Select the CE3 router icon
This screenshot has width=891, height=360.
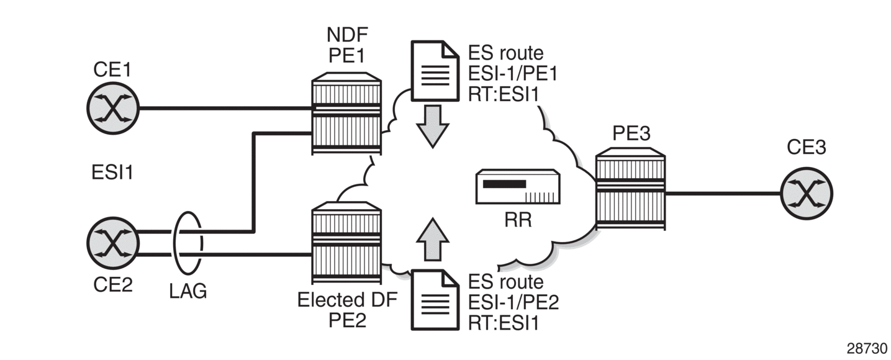pos(806,193)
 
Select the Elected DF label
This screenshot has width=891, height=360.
pos(346,300)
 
